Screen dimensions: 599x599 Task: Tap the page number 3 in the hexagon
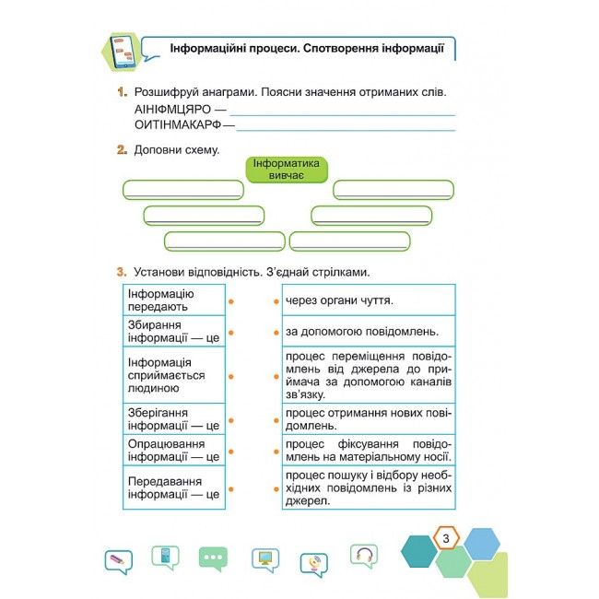coord(445,538)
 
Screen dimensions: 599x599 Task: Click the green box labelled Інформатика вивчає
coord(287,169)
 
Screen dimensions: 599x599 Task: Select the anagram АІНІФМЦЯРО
coord(172,109)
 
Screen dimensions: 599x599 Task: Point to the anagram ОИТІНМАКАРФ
coord(177,124)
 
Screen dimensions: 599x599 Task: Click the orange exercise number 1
coord(121,93)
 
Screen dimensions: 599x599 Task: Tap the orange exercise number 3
coord(121,273)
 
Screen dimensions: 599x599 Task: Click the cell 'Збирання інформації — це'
coord(172,330)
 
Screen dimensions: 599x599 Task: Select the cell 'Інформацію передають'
coord(172,299)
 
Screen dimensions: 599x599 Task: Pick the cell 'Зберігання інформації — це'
coord(172,418)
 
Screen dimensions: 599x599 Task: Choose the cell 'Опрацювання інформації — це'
coord(172,450)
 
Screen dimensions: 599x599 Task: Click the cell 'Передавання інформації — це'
coord(172,487)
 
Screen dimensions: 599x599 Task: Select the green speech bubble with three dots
coord(214,558)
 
